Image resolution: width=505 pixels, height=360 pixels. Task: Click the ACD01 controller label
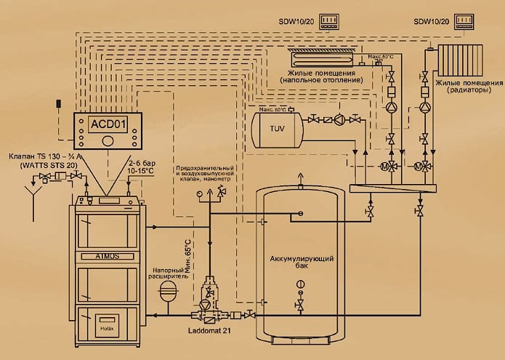pos(107,123)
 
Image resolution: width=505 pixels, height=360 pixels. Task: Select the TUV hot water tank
pos(277,129)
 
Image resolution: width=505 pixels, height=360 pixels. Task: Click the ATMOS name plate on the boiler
pos(108,235)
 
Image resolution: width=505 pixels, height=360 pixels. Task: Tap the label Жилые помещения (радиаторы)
pos(464,88)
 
